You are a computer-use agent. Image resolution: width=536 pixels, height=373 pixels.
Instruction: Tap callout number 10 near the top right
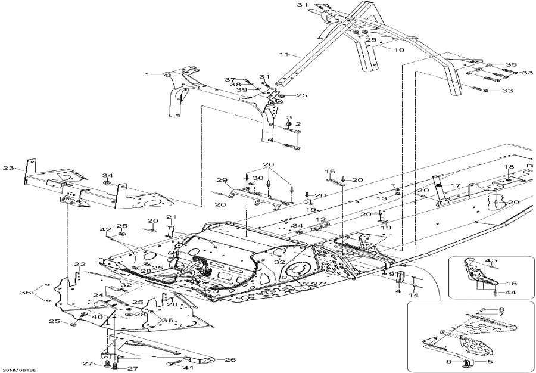click(398, 50)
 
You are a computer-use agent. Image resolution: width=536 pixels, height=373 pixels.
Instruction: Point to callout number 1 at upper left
click(148, 74)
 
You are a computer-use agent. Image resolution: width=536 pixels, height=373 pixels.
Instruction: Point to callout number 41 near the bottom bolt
click(189, 368)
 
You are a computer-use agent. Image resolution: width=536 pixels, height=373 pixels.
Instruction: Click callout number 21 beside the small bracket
click(170, 216)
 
